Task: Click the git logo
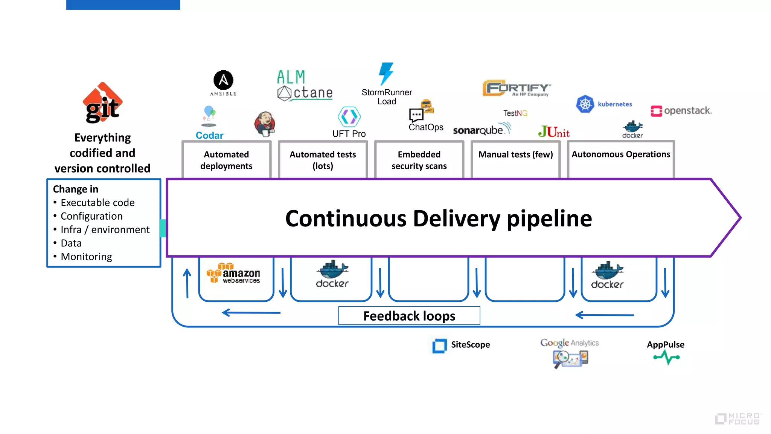tap(102, 103)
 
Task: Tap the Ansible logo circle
tap(223, 80)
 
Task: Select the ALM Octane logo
tap(305, 86)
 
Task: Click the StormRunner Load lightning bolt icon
tap(386, 73)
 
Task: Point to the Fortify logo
tap(516, 88)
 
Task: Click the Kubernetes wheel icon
tap(585, 104)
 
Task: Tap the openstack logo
tap(681, 111)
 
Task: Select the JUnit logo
tap(554, 132)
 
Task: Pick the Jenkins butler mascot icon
tap(265, 124)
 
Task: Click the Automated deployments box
tap(226, 160)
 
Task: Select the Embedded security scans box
tap(419, 160)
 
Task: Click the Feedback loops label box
tap(409, 316)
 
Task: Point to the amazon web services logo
tap(233, 273)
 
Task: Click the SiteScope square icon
tap(439, 345)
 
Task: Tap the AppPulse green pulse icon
tap(666, 357)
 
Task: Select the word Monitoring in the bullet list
tap(86, 257)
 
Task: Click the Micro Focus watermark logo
tap(738, 419)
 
